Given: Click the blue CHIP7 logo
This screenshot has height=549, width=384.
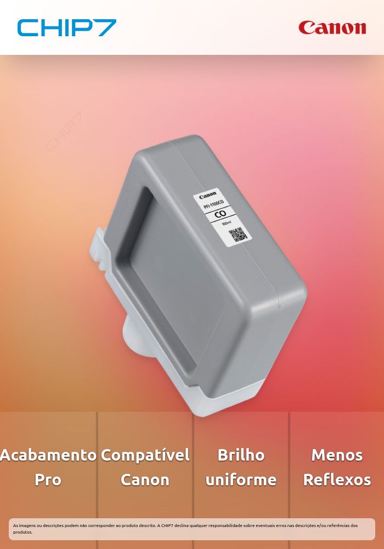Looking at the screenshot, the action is (x=66, y=27).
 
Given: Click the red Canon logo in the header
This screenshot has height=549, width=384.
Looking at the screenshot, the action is (x=332, y=27).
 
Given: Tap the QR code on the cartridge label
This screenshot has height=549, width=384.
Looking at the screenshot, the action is (x=238, y=234).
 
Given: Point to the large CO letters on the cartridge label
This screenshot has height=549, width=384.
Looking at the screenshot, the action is (x=221, y=213).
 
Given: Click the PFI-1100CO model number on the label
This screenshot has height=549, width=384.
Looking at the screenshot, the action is (x=213, y=204).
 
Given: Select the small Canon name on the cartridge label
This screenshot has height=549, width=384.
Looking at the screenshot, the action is (x=208, y=194).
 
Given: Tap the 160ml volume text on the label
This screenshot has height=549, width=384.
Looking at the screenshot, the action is (x=227, y=223).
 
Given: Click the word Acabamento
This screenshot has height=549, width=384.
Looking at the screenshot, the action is (x=48, y=455).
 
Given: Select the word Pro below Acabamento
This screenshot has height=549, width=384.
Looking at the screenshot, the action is (x=48, y=480).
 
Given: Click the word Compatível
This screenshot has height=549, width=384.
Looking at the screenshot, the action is (x=145, y=455).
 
